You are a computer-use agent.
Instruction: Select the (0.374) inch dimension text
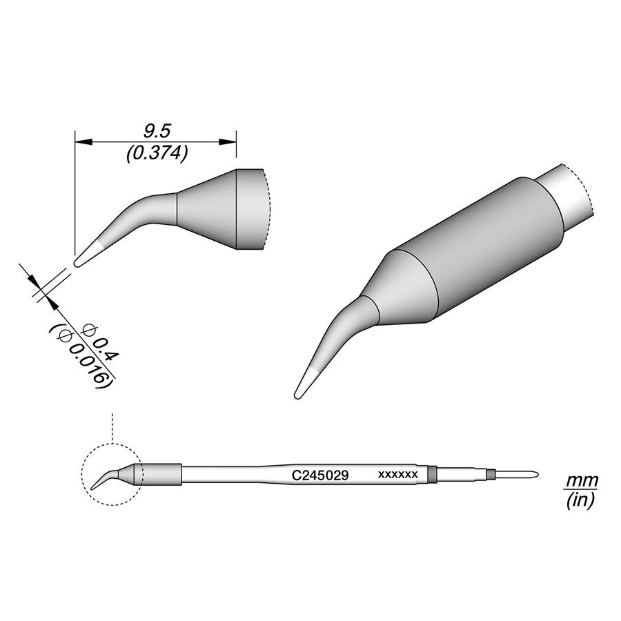157,154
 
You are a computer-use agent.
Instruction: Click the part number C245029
320,475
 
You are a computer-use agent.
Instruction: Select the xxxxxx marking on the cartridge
397,475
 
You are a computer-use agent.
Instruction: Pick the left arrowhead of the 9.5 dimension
83,141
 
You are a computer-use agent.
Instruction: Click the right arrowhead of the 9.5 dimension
228,141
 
